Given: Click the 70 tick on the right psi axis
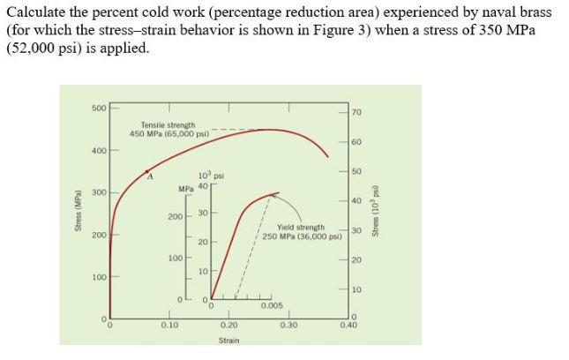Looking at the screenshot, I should click(x=356, y=112).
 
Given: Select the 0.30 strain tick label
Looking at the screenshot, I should click(x=288, y=325).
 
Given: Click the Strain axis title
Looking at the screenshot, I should click(x=228, y=339).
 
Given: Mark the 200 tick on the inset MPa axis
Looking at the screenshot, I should click(x=176, y=216).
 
